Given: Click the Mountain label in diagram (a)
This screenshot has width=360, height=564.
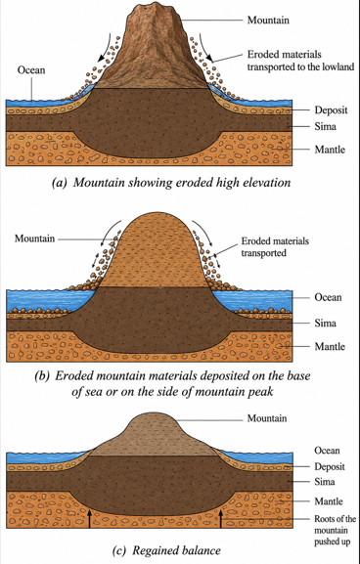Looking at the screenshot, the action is (268, 20).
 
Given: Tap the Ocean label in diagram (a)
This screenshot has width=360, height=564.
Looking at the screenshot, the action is (31, 69).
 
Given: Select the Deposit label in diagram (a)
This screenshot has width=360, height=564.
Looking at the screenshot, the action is (332, 110).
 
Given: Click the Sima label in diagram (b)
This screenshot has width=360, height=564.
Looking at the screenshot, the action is (326, 323).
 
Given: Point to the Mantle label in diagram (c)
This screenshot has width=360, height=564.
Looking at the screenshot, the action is (329, 501).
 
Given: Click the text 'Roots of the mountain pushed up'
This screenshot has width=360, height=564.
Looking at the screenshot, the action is (336, 530).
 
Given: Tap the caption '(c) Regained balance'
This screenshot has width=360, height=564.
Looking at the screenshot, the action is (166, 550).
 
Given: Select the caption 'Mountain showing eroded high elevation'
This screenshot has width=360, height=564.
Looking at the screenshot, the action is (182, 183).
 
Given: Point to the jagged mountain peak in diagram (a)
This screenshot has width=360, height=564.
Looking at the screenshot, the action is (155, 7).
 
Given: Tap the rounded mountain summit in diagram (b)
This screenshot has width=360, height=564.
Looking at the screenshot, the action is (156, 215).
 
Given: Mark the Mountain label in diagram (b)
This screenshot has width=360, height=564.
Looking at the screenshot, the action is (35, 239).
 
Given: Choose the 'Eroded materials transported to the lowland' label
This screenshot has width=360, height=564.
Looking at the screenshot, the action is (300, 61).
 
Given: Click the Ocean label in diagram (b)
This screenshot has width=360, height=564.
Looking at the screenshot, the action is (328, 297).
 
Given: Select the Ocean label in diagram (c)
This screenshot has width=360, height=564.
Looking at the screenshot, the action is (327, 451).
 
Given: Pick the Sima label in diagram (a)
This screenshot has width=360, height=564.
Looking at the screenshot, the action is (326, 126).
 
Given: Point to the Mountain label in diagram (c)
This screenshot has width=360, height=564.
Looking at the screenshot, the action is (267, 418).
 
